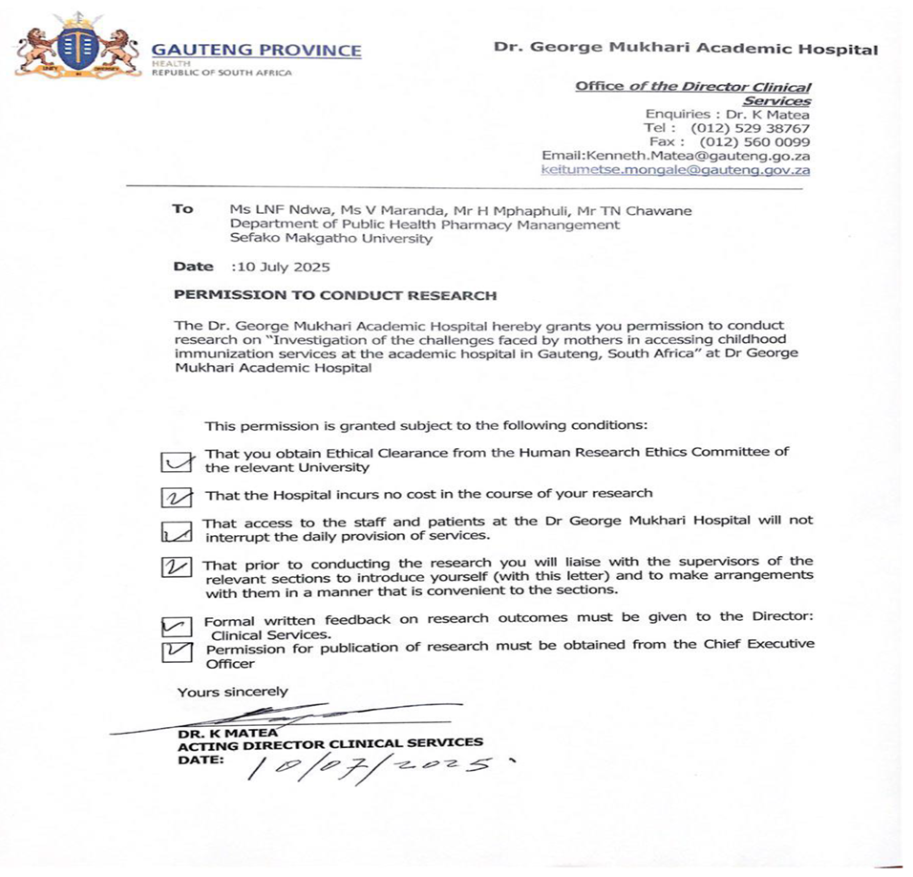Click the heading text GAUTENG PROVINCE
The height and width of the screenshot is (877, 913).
(257, 51)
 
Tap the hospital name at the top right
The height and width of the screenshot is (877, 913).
(685, 49)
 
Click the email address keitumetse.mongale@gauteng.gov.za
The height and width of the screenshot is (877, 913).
(675, 170)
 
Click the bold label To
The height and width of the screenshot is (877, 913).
(182, 209)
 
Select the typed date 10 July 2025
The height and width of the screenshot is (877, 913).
(284, 267)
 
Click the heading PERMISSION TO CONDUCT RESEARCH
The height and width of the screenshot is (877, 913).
(335, 295)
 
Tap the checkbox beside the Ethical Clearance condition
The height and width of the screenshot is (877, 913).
(175, 461)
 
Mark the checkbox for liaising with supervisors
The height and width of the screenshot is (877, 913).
(177, 567)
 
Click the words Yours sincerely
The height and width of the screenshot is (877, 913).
(232, 692)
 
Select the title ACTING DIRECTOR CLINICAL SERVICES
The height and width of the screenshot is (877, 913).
(330, 742)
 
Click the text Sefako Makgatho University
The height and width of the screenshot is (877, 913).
(330, 239)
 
